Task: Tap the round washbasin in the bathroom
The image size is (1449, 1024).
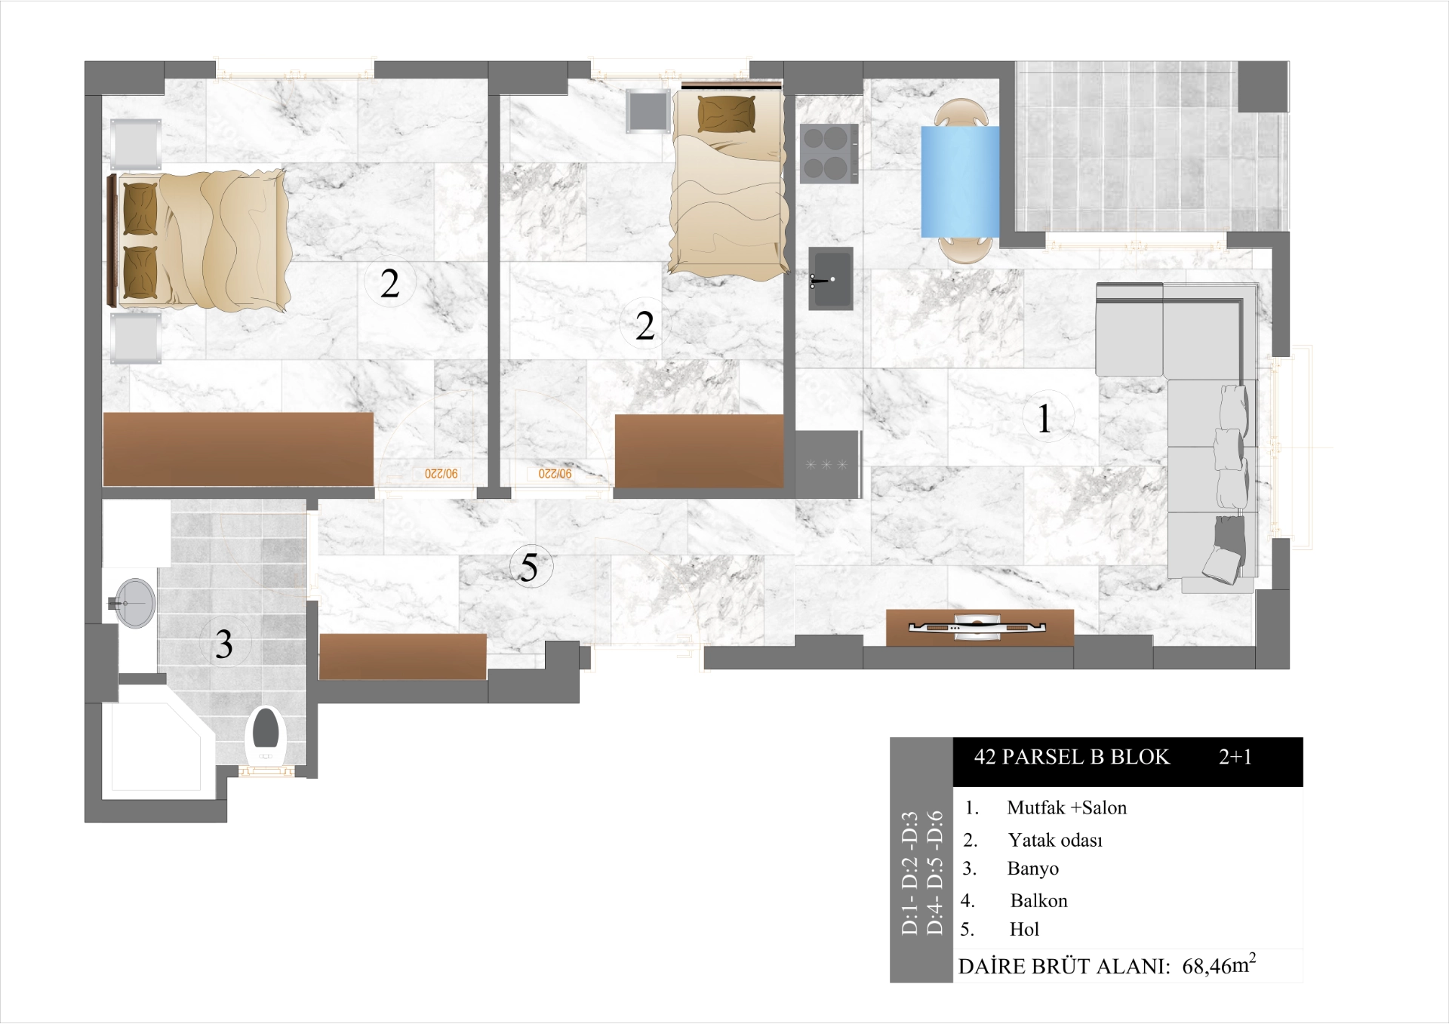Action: pyautogui.click(x=135, y=603)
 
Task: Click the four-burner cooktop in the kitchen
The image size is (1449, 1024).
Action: pyautogui.click(x=829, y=153)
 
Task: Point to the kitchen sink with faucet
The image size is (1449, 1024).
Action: pyautogui.click(x=831, y=278)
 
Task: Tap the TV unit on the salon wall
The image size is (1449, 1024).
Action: pyautogui.click(x=979, y=627)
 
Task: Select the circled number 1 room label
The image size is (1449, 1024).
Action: pyautogui.click(x=1044, y=419)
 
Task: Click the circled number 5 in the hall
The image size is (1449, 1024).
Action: pyautogui.click(x=530, y=567)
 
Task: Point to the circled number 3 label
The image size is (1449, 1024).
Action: pyautogui.click(x=223, y=644)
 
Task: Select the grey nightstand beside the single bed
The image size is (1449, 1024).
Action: pyautogui.click(x=648, y=111)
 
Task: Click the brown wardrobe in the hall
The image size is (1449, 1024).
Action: pyautogui.click(x=403, y=656)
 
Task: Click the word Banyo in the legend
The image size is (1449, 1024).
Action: pyautogui.click(x=1032, y=869)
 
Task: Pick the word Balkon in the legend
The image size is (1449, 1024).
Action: pyautogui.click(x=1038, y=900)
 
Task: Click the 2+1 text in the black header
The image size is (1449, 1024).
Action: pyautogui.click(x=1235, y=757)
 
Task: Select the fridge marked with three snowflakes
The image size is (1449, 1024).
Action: pyautogui.click(x=827, y=463)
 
